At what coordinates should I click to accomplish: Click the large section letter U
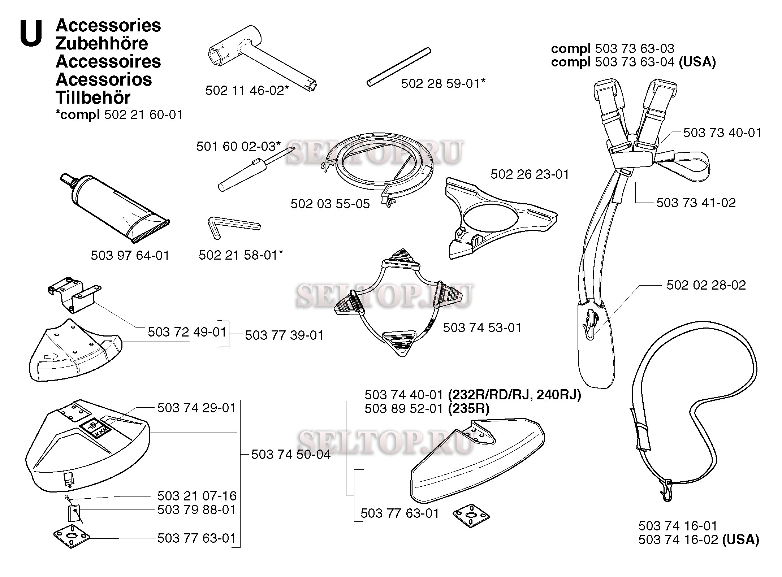[x=31, y=33]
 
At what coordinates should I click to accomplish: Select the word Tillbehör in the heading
[x=93, y=97]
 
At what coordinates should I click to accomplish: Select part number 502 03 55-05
[x=330, y=204]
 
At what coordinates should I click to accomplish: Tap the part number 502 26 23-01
[x=530, y=174]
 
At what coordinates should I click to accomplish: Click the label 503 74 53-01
[x=482, y=327]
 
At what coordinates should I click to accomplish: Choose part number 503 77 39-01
[x=284, y=335]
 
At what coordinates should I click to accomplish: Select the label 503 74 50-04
[x=291, y=454]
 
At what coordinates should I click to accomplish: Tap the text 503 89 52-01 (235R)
[x=427, y=408]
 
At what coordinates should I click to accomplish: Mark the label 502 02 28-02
[x=706, y=285]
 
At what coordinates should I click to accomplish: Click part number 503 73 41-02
[x=696, y=203]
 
